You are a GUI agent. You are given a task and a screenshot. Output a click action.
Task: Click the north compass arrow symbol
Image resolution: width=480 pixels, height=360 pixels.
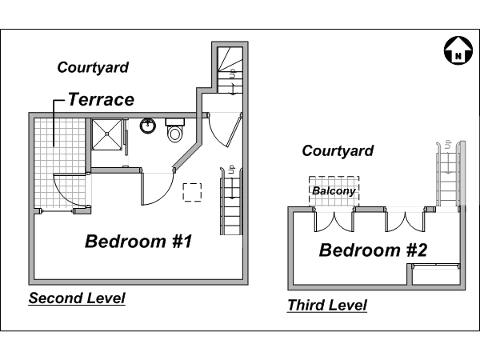click(x=458, y=50)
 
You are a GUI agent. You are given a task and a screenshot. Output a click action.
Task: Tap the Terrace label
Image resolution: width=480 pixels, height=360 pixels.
click(x=101, y=99)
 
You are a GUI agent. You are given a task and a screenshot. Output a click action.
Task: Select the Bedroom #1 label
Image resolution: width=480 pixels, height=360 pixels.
click(x=138, y=242)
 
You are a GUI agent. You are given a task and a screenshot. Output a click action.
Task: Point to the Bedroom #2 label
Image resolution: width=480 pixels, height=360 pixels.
click(x=373, y=250)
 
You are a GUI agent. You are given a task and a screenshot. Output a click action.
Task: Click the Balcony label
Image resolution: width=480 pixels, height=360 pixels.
click(x=334, y=191)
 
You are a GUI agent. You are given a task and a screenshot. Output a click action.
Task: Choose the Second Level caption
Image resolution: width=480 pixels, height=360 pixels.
click(x=77, y=298)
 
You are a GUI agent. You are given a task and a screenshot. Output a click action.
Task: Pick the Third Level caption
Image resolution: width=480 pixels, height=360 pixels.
click(x=327, y=306)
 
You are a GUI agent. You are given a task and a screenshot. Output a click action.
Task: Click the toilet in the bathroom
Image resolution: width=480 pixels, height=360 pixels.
click(x=174, y=130)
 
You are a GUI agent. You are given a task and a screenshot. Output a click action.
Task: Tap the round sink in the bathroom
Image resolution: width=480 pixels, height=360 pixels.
click(x=148, y=126)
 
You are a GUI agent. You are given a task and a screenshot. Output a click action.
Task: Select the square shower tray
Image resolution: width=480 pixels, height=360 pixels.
click(x=106, y=134)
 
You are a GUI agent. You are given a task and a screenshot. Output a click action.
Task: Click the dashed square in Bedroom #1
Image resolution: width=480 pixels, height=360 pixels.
click(x=192, y=192)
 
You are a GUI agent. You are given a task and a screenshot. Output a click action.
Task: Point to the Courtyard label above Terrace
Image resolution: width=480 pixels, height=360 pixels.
click(x=93, y=68)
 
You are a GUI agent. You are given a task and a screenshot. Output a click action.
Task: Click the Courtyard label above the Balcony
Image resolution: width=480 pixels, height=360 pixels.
click(x=338, y=151)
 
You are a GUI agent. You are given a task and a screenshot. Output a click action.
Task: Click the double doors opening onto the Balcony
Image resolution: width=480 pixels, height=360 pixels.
click(x=334, y=221)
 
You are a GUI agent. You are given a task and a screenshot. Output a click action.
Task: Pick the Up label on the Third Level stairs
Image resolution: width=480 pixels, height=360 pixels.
click(x=448, y=144)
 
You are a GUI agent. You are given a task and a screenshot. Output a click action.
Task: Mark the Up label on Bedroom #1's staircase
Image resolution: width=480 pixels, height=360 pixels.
click(x=231, y=170)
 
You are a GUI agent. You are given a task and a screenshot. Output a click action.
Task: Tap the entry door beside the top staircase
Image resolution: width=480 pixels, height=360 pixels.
click(x=226, y=130)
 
